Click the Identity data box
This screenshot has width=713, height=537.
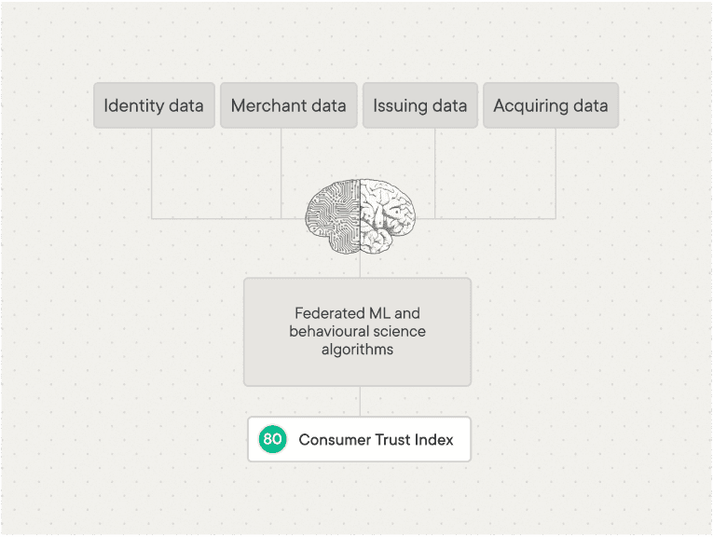(154, 105)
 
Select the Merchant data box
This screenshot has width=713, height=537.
(288, 105)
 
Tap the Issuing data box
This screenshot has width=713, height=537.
(419, 105)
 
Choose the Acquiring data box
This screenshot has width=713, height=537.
(550, 105)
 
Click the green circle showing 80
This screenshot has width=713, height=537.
(272, 439)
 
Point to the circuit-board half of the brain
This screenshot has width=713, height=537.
(334, 216)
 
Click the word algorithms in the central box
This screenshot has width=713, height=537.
(357, 350)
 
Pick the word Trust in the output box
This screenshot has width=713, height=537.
(384, 439)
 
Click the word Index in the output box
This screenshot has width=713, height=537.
(432, 439)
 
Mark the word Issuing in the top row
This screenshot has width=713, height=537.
(401, 105)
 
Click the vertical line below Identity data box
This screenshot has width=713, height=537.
(151, 172)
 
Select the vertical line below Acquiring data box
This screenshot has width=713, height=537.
(555, 172)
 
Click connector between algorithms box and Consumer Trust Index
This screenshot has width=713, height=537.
(360, 401)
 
